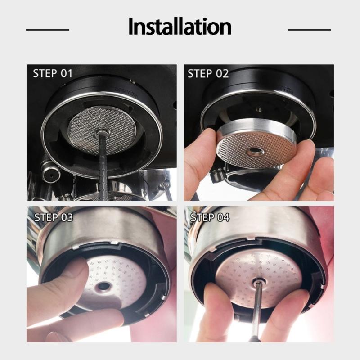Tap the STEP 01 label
pyautogui.click(x=53, y=74)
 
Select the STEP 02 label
pyautogui.click(x=207, y=74)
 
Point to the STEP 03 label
pyautogui.click(x=53, y=218)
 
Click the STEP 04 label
pyautogui.click(x=210, y=218)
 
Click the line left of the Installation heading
pyautogui.click(x=48, y=30)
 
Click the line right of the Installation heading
pyautogui.click(x=309, y=30)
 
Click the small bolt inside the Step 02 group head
pyautogui.click(x=258, y=108)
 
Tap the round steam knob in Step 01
pyautogui.click(x=49, y=171)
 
